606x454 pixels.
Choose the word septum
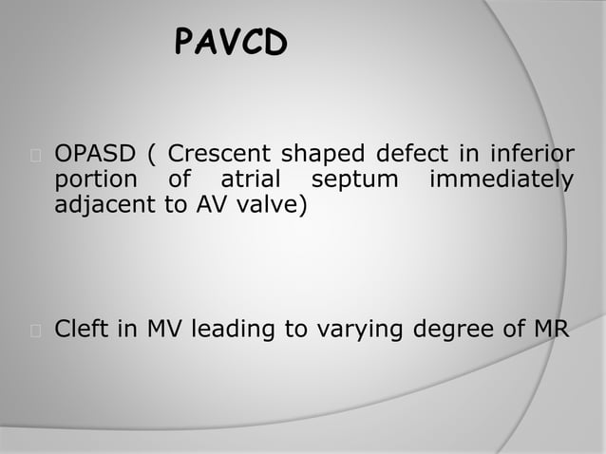(346, 180)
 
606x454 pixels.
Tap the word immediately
(501, 180)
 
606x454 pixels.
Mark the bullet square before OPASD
(35, 155)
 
